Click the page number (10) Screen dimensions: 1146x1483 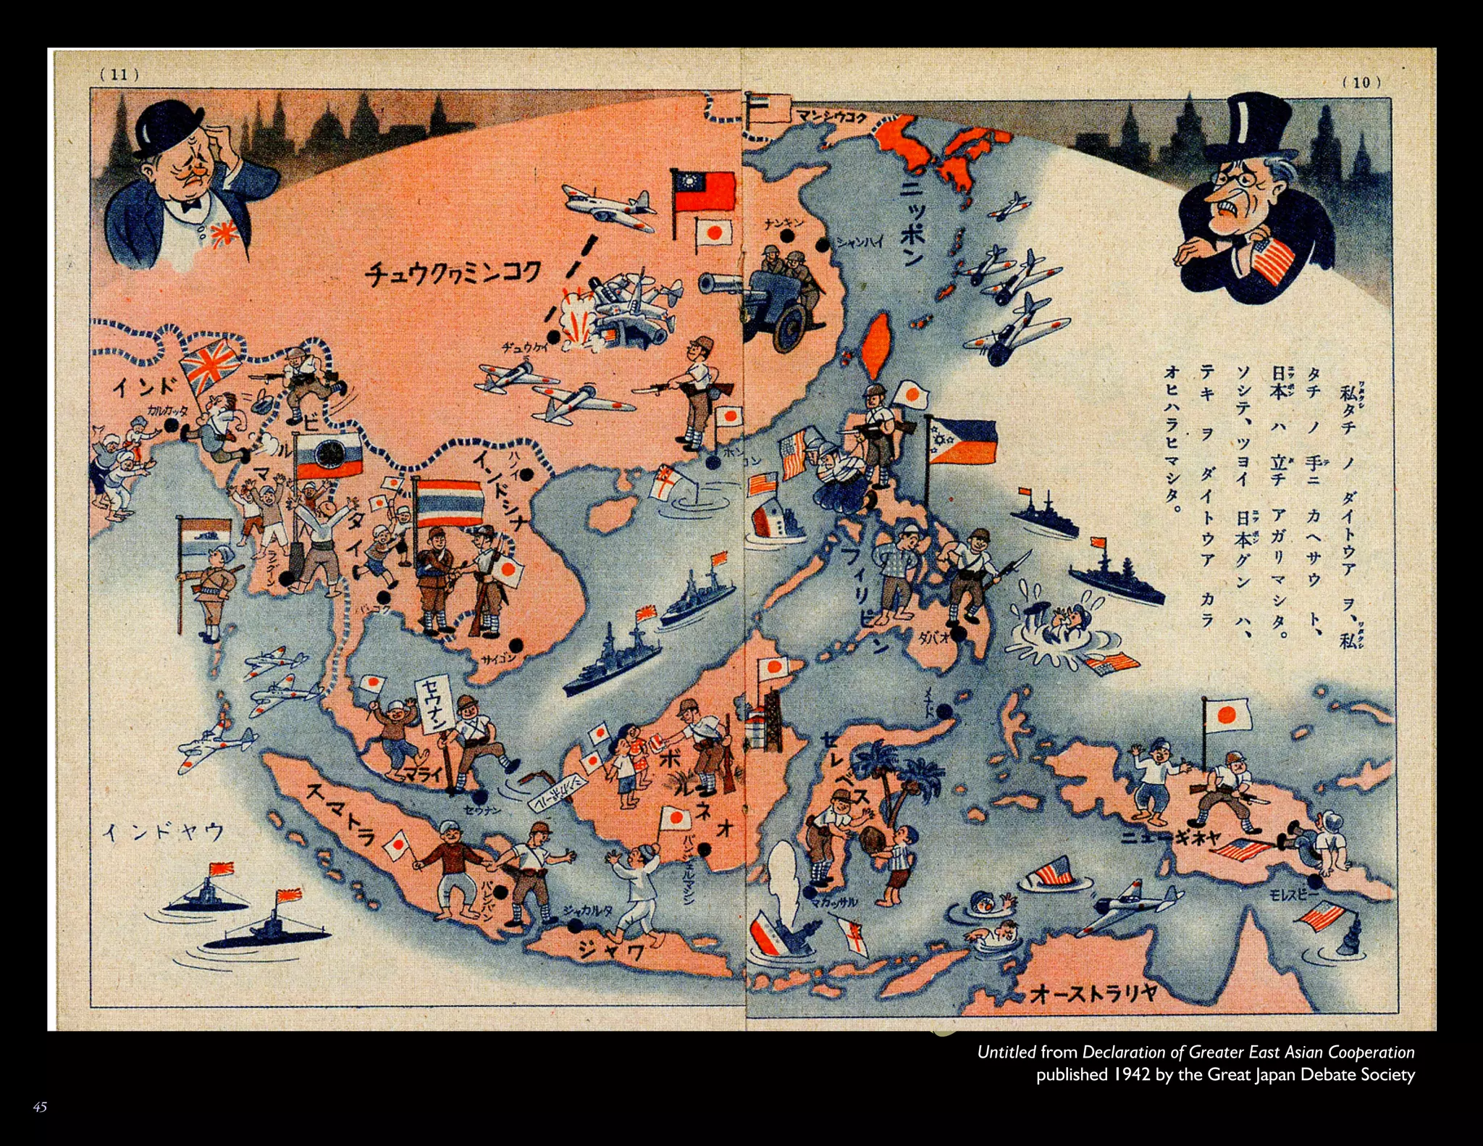click(x=1361, y=82)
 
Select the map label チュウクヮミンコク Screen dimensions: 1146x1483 click(x=453, y=275)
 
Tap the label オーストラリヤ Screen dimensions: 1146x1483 click(x=1093, y=992)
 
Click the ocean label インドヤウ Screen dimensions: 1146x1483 click(x=164, y=832)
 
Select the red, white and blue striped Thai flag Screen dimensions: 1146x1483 click(x=448, y=502)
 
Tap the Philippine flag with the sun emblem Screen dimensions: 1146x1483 click(x=962, y=441)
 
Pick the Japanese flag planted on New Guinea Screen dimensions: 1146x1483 click(x=1227, y=716)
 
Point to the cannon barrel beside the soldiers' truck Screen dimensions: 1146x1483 click(x=721, y=283)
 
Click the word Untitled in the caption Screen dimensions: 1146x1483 click(x=1007, y=1052)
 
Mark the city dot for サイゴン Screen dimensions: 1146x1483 click(x=516, y=644)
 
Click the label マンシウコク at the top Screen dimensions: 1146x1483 click(x=831, y=116)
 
